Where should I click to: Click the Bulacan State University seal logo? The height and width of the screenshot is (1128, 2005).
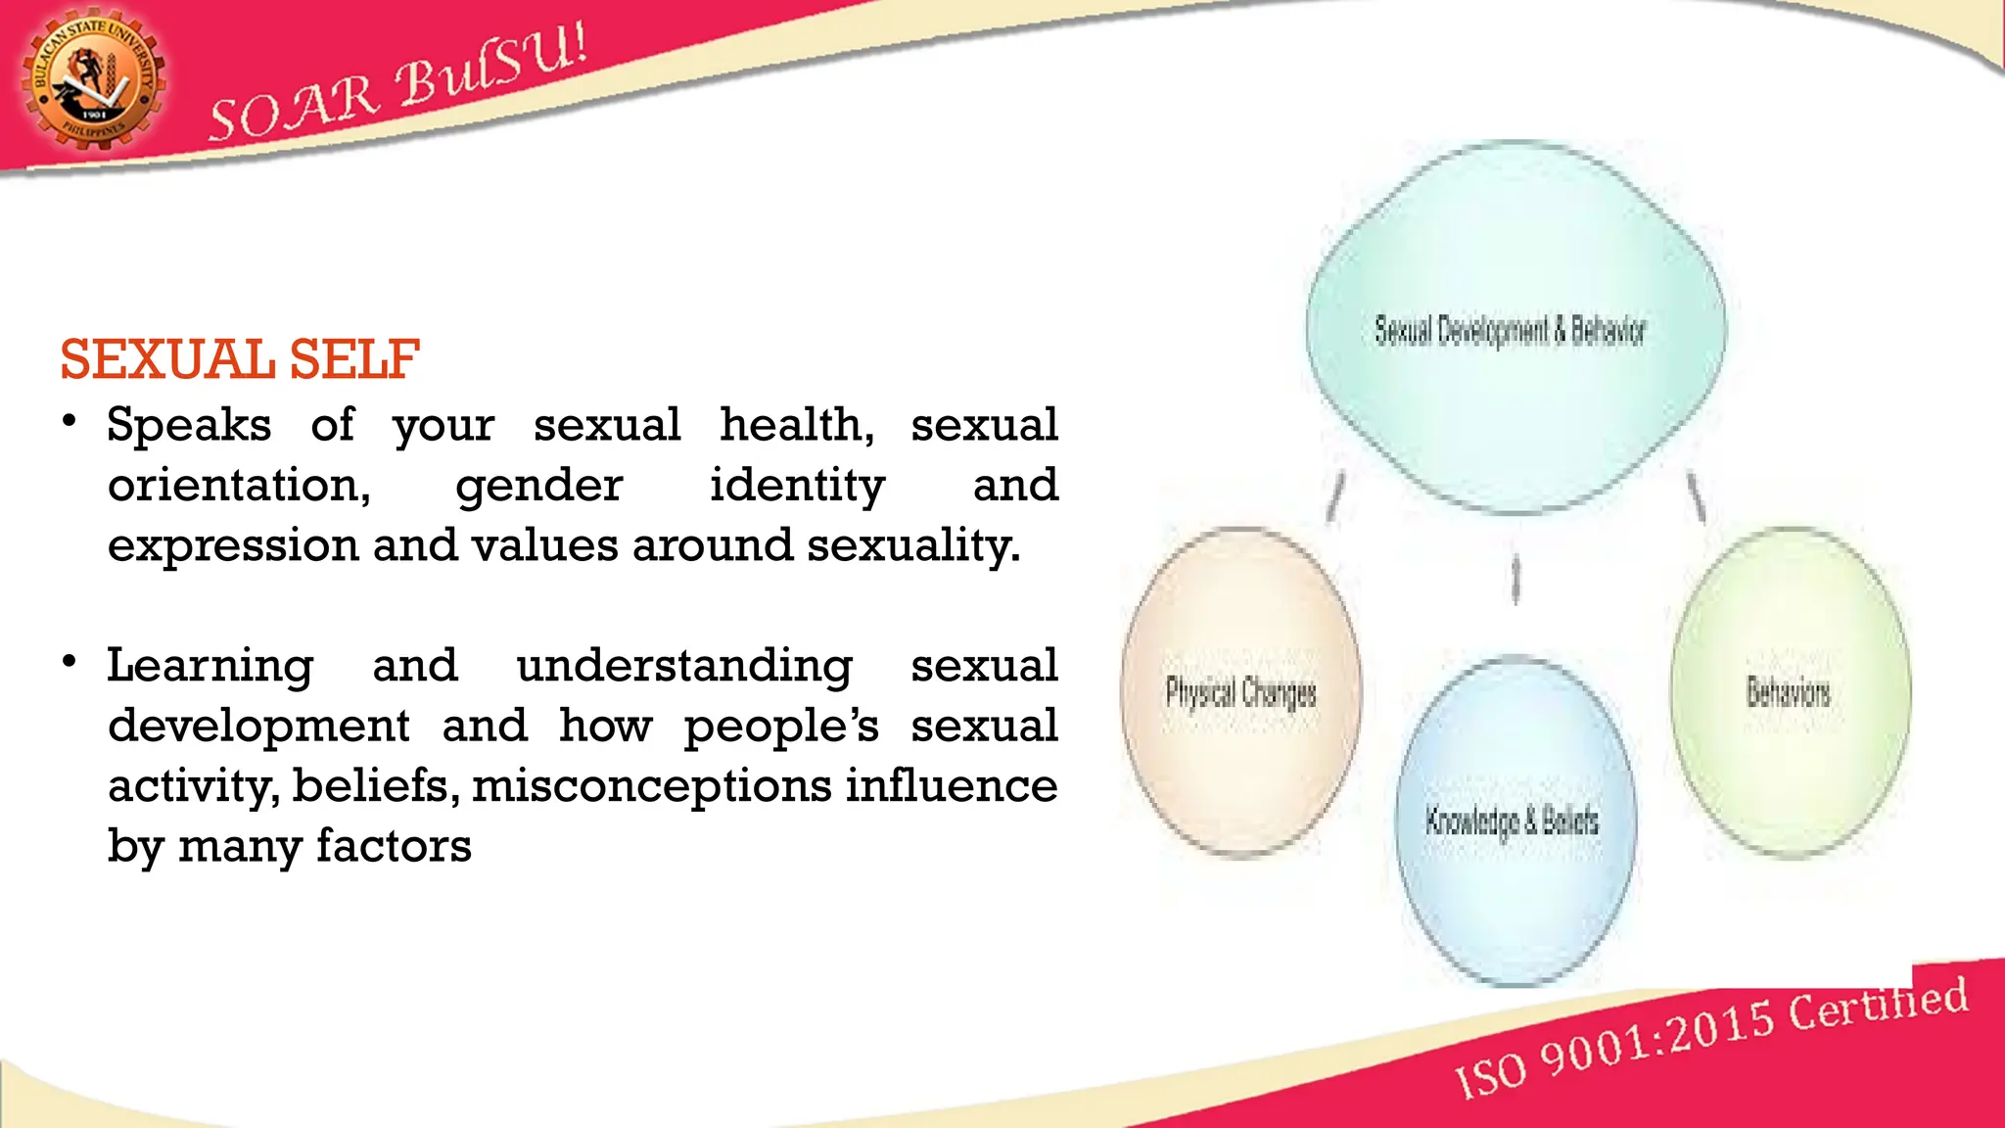(93, 82)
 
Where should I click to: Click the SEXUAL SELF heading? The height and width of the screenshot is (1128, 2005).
(240, 359)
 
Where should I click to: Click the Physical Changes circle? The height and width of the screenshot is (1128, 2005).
(1240, 692)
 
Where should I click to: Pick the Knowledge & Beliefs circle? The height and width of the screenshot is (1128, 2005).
(1514, 821)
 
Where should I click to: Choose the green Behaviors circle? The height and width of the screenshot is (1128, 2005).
(1790, 692)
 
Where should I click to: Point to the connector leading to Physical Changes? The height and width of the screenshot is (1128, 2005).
(1334, 496)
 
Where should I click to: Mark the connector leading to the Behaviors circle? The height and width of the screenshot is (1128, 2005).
(1697, 496)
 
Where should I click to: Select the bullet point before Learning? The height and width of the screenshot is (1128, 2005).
(69, 662)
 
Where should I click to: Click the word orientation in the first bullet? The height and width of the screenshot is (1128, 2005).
(239, 486)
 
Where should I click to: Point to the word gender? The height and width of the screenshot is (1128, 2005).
(538, 486)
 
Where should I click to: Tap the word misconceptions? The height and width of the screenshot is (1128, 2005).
(652, 786)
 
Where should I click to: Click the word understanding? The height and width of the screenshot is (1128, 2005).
(684, 666)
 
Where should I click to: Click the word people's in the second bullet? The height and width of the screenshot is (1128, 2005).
(780, 727)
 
